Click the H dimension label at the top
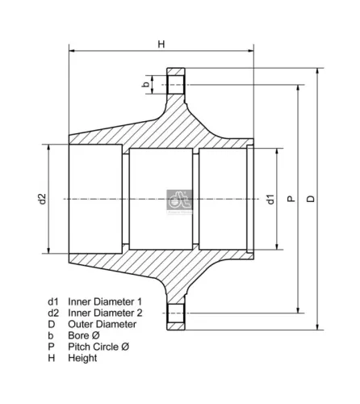161,44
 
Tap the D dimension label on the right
311,199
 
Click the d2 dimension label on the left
42,199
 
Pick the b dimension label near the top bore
146,83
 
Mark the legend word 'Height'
82,357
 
